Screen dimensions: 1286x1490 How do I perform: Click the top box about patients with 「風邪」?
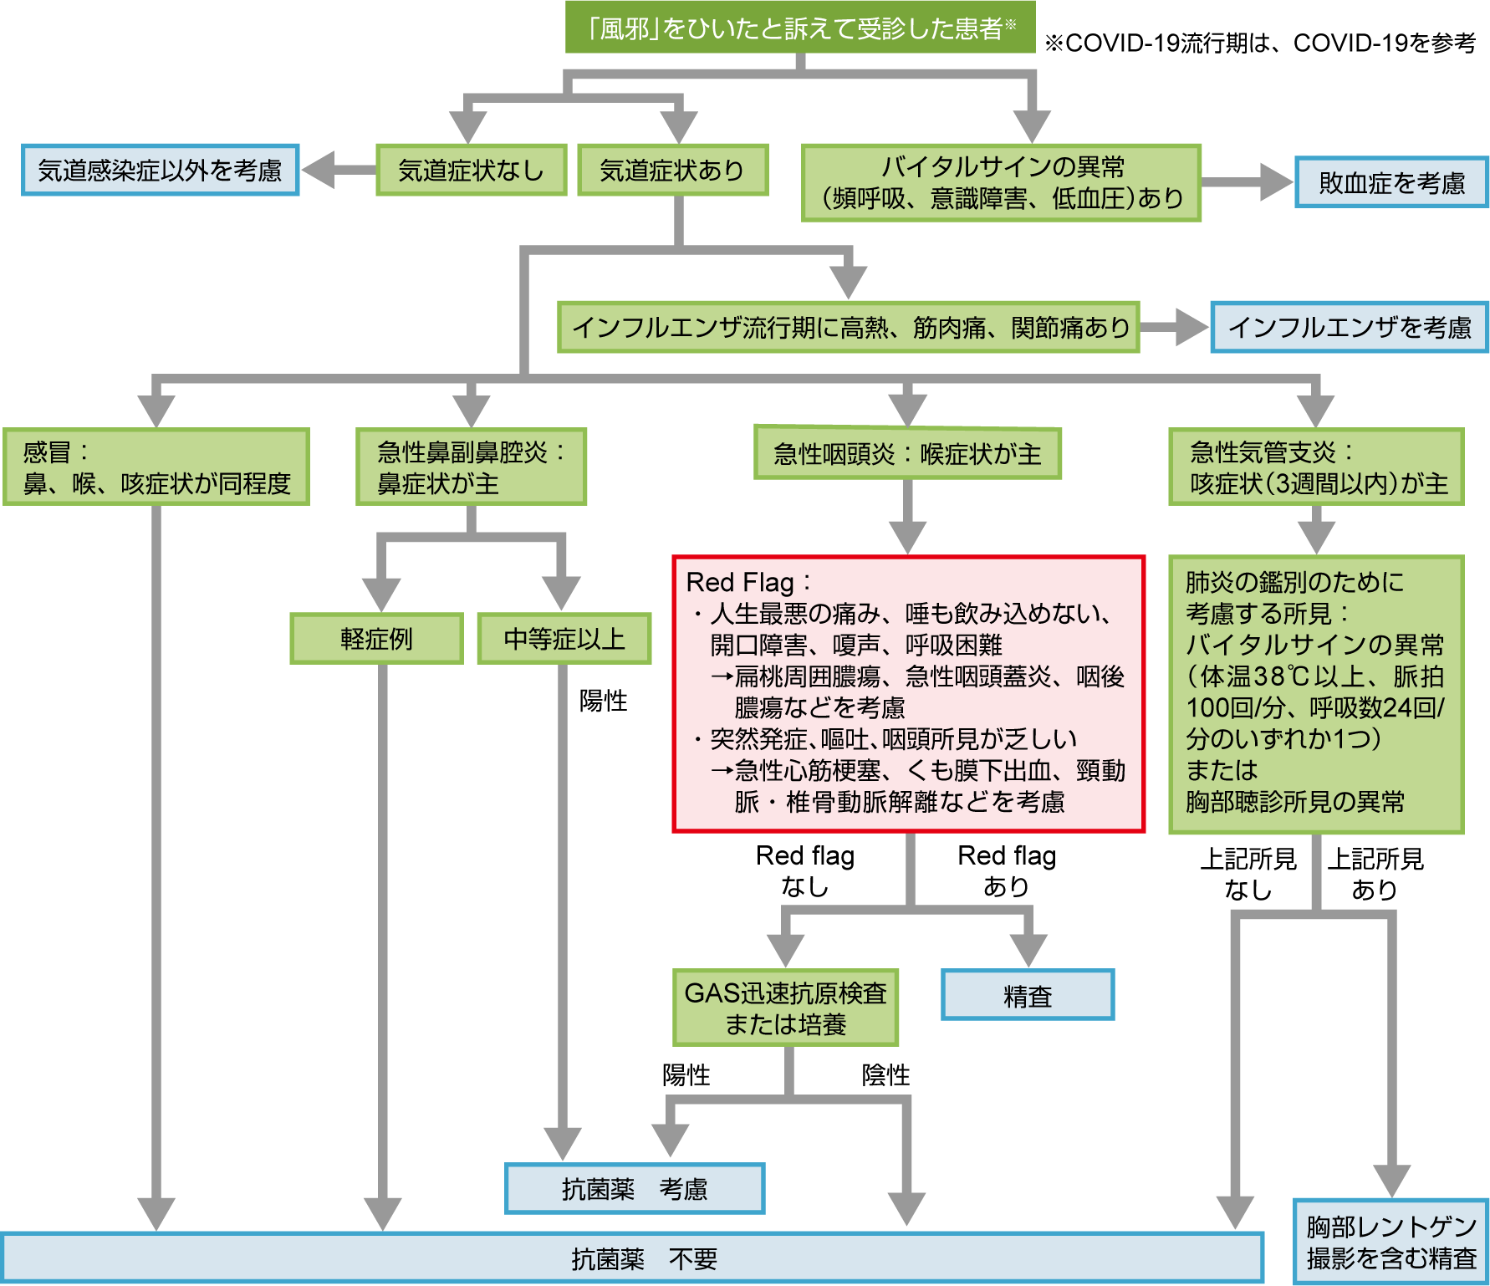click(x=800, y=28)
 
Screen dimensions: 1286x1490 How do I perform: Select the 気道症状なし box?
click(x=471, y=171)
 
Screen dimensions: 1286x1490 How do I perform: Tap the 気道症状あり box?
click(x=672, y=171)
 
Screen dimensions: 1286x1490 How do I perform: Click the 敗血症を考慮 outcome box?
click(x=1391, y=182)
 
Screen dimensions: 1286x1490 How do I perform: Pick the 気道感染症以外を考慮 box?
click(x=160, y=171)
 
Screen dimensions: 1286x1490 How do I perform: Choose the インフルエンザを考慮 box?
click(x=1350, y=327)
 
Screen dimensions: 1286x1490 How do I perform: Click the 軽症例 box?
click(x=376, y=639)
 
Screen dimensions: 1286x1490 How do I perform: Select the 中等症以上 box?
click(x=564, y=639)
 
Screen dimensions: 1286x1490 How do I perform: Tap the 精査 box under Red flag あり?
click(x=1028, y=995)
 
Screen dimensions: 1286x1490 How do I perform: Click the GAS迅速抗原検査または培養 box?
click(x=785, y=1008)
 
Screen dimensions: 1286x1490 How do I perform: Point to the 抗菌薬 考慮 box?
click(x=635, y=1188)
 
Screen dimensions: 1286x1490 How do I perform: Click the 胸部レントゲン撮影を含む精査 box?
click(x=1391, y=1242)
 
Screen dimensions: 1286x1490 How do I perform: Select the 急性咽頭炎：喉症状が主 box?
click(x=907, y=453)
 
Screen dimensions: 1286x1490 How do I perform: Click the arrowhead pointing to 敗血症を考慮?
click(x=1275, y=182)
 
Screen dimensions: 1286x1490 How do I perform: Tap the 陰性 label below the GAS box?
click(x=885, y=1074)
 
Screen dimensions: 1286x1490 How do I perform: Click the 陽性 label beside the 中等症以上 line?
click(x=603, y=701)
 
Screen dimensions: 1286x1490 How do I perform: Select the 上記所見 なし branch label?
click(x=1248, y=874)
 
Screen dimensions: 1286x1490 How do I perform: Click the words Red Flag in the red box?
click(x=740, y=582)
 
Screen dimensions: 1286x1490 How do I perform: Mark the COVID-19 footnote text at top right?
click(x=1260, y=43)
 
